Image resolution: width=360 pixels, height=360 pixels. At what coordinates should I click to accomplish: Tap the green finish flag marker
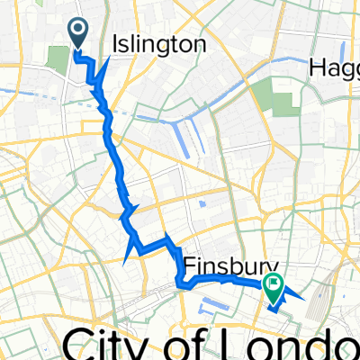click(x=274, y=285)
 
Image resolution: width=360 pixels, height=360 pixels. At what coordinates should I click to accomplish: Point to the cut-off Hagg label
click(x=334, y=67)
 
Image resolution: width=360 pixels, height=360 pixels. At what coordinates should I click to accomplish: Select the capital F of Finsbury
click(x=192, y=266)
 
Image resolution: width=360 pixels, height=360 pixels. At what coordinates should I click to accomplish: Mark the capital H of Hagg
click(x=318, y=67)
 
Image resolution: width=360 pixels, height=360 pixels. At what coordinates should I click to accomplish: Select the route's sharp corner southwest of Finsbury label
click(x=181, y=286)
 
